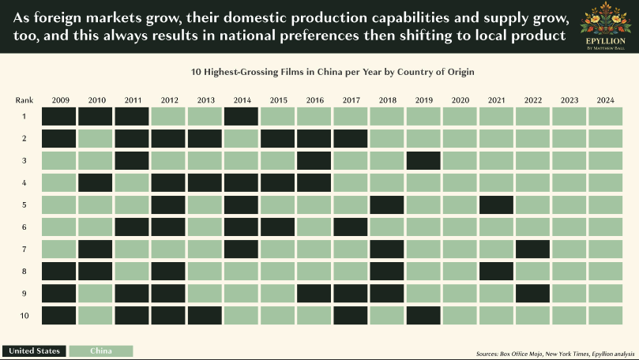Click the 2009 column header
tap(59, 100)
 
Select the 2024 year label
tap(606, 100)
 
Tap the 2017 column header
tap(351, 100)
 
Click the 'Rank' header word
tap(23, 100)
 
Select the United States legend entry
tap(34, 351)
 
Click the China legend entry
tap(100, 351)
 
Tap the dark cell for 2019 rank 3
tap(423, 161)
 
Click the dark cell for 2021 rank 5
tap(497, 205)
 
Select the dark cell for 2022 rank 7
tap(533, 249)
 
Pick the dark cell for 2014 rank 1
tap(242, 117)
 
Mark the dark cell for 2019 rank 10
tap(423, 316)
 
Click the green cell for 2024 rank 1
tap(606, 117)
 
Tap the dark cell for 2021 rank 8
tap(497, 272)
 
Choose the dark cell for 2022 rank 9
tap(533, 294)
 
